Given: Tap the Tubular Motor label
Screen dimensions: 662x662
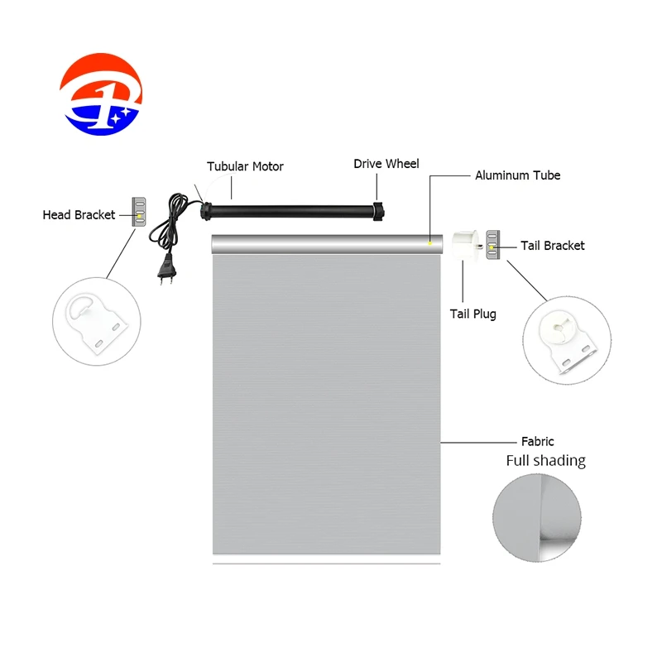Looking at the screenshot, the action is click(x=245, y=166).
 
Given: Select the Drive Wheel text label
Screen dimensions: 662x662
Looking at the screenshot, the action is click(x=386, y=164).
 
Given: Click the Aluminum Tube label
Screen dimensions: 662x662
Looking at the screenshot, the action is click(x=517, y=175).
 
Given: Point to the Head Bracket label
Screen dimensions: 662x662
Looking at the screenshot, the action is click(x=79, y=215).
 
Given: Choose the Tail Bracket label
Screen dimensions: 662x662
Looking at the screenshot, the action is click(x=553, y=246).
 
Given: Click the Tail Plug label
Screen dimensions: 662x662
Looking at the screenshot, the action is click(x=473, y=314).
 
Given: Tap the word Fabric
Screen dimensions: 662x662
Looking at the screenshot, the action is click(x=537, y=442).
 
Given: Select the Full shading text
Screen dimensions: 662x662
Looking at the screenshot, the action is click(x=545, y=461).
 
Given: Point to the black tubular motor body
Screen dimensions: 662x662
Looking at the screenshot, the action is click(x=290, y=208).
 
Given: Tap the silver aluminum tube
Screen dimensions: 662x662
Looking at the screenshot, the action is click(x=327, y=243).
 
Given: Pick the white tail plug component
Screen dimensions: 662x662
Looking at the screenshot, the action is click(x=469, y=244).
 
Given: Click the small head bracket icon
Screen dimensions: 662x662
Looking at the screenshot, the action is click(x=139, y=213).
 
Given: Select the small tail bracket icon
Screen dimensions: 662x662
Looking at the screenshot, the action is click(x=493, y=246).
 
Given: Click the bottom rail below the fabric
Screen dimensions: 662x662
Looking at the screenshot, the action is click(x=327, y=564).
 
